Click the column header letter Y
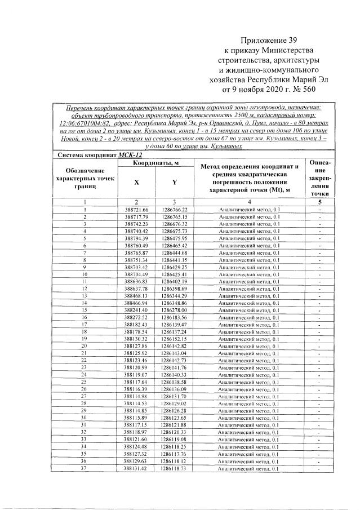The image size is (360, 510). (174, 182)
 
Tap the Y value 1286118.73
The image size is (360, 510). (174, 469)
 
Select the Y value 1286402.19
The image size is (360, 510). (174, 282)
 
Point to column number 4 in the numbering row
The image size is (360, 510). (248, 202)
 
